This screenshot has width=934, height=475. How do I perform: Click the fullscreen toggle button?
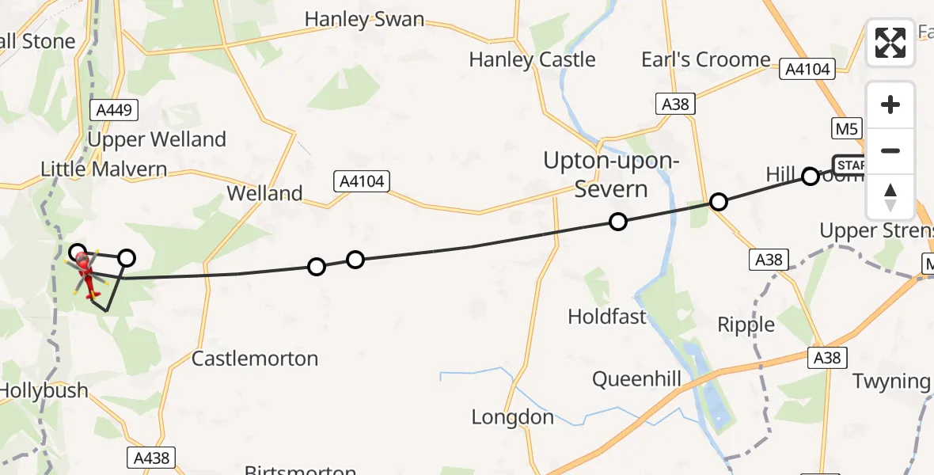coord(890,43)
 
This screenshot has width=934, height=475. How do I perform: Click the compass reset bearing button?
coord(890,197)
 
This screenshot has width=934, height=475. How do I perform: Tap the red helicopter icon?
coord(85,274)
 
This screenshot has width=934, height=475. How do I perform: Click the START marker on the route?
coord(849,165)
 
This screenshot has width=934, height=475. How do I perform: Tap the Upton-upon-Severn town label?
coord(610,174)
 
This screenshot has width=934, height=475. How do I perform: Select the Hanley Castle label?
coord(532,59)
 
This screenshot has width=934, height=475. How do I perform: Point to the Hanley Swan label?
coord(364,19)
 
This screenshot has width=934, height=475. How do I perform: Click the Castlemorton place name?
coord(255,359)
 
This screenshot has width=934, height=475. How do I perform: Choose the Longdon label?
coord(512,416)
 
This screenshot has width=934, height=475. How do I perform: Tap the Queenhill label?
coord(636,380)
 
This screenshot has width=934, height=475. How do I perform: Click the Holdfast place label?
coord(607,317)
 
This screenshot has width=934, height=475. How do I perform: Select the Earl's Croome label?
coord(705,59)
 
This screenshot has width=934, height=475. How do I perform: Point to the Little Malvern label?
coord(104,169)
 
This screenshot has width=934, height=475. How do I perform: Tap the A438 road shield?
coord(151,457)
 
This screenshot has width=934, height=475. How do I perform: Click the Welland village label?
coord(264,193)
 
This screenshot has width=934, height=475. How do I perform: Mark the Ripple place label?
coord(746,325)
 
